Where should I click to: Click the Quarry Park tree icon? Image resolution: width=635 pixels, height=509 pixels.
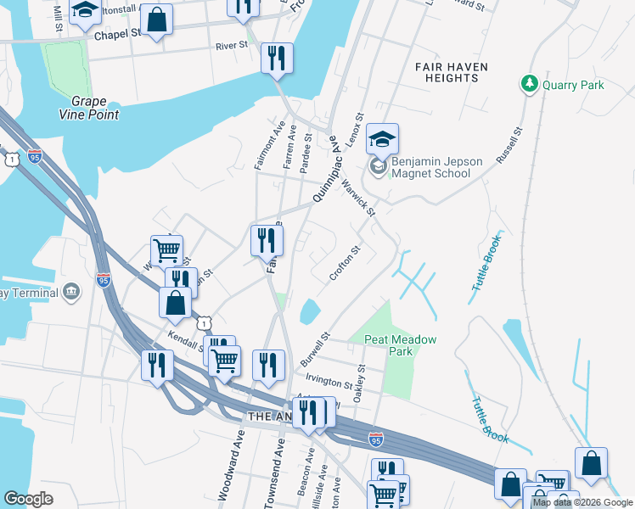(530, 84)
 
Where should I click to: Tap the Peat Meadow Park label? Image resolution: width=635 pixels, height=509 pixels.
(400, 345)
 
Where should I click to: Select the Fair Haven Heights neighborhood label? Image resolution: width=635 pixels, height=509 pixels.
(447, 72)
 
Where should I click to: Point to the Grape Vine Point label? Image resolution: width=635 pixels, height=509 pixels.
(89, 109)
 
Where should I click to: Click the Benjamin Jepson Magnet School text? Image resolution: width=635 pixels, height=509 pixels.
(430, 168)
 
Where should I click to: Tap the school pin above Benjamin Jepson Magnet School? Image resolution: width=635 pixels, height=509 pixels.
(383, 139)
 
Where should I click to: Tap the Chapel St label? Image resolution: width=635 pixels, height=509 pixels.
(116, 36)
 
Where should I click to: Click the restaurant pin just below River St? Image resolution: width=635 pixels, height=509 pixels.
(277, 59)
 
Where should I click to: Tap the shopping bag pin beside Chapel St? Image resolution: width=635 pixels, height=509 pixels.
(156, 20)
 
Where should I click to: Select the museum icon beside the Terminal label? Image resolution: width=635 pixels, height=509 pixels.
(70, 293)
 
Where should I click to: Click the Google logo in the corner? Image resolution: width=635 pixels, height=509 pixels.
(29, 499)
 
